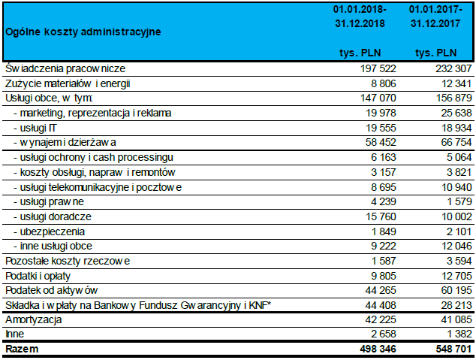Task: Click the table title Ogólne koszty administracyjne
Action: pyautogui.click(x=83, y=32)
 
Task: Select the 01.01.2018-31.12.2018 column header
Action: pyautogui.click(x=360, y=17)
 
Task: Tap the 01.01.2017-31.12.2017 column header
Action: pyautogui.click(x=435, y=17)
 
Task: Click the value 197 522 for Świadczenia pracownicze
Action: pyautogui.click(x=378, y=68)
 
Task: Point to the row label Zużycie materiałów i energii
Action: pyautogui.click(x=68, y=83)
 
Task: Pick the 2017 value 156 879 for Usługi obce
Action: pyautogui.click(x=453, y=98)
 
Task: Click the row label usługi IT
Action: pyautogui.click(x=35, y=128)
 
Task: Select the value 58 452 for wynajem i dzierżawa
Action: pyautogui.click(x=381, y=142)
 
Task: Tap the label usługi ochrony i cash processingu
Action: pyautogui.click(x=93, y=157)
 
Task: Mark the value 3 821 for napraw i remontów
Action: pyautogui.click(x=459, y=172)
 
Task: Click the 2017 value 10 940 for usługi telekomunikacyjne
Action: pyautogui.click(x=456, y=187)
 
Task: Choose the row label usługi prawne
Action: pyautogui.click(x=49, y=201)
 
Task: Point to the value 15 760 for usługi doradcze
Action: pyautogui.click(x=381, y=216)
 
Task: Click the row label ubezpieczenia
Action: pyautogui.click(x=49, y=231)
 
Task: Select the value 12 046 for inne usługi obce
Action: pyautogui.click(x=456, y=246)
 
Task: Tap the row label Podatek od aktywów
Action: pyautogui.click(x=52, y=290)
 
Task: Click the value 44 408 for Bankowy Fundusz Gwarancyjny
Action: pyautogui.click(x=381, y=305)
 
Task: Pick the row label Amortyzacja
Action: pyautogui.click(x=34, y=319)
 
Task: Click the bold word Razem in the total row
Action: pyautogui.click(x=22, y=349)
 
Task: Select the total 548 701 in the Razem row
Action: pyautogui.click(x=453, y=349)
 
